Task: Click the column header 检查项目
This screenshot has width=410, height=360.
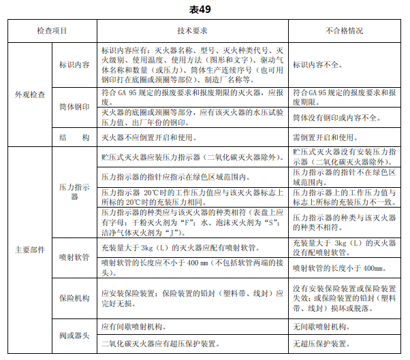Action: coord(52,31)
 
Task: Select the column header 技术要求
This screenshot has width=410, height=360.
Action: coord(192,31)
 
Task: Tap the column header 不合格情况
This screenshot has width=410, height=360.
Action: coord(344,31)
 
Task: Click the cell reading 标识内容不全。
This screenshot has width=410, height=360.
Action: coord(322,65)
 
